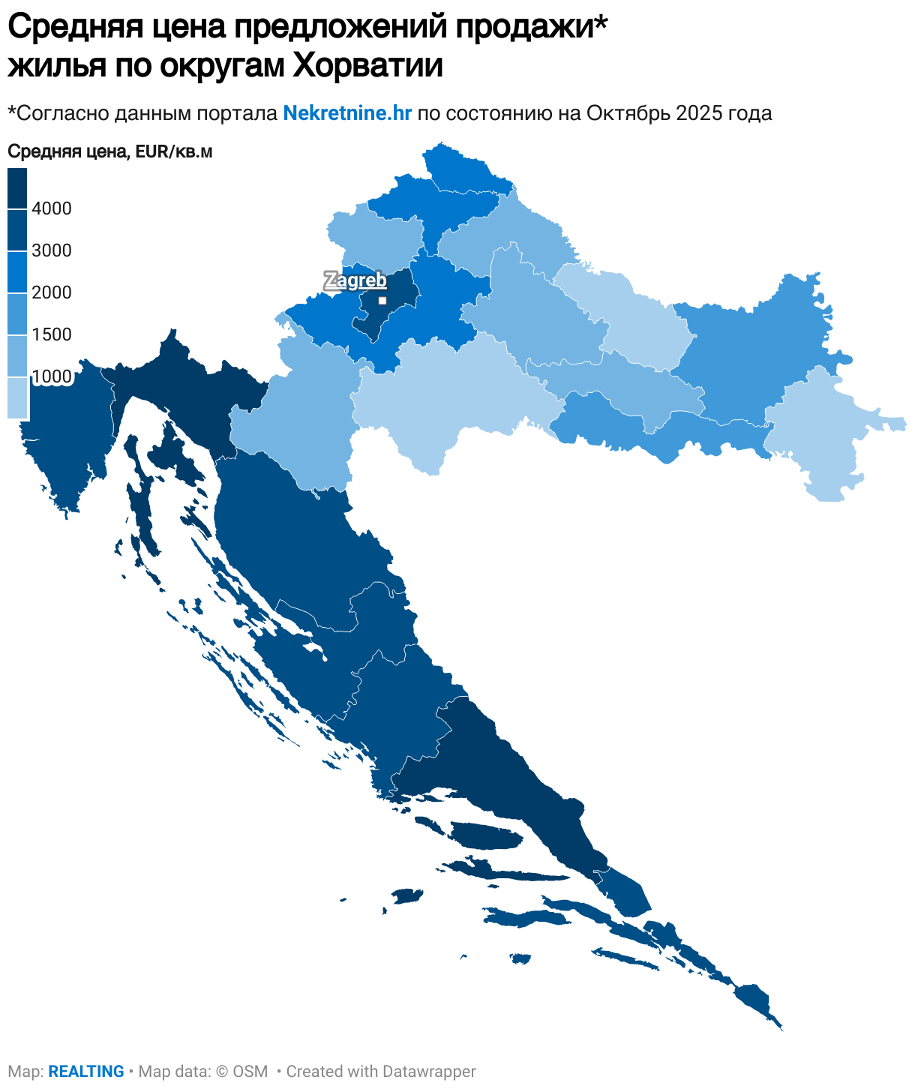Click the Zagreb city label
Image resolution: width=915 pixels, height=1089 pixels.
[x=355, y=280]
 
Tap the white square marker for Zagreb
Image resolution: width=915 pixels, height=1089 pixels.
[x=382, y=301]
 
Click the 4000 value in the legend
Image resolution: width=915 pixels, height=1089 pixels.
[x=52, y=208]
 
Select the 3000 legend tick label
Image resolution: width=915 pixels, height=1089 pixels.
[x=52, y=250]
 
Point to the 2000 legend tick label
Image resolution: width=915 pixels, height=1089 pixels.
[x=52, y=292]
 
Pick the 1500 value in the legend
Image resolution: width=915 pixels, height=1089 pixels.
[x=52, y=334]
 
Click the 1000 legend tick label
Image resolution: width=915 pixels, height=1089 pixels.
[x=52, y=376]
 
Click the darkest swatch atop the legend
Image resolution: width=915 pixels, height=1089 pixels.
[x=17, y=187]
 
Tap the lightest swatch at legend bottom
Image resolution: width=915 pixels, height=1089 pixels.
[x=17, y=397]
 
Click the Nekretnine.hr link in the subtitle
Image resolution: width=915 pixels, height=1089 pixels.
[x=347, y=113]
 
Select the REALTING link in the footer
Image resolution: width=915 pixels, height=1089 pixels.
[x=86, y=1072]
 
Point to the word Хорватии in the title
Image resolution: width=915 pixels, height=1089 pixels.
[x=367, y=66]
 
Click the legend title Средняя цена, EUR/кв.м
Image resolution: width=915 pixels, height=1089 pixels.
[x=110, y=151]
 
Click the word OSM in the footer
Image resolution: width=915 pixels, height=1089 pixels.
[x=250, y=1072]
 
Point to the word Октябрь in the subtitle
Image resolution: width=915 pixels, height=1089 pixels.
[x=628, y=113]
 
